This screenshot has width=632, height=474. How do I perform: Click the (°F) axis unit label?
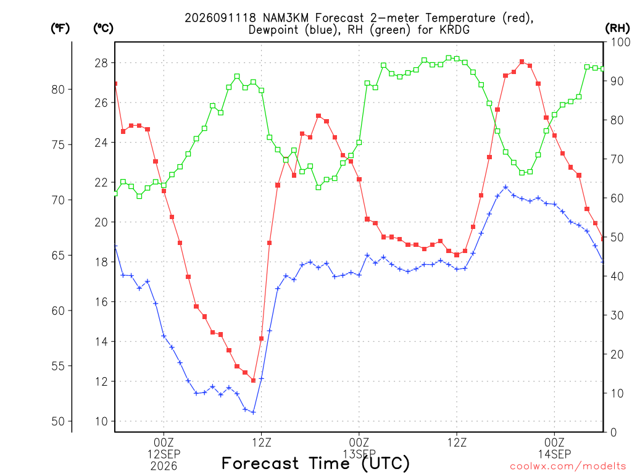[60, 28]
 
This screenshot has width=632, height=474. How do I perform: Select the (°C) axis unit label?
[103, 28]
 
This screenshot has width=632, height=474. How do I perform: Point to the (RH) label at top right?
[617, 28]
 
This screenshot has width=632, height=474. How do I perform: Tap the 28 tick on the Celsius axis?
[102, 63]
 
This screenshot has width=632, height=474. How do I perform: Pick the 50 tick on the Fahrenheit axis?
[58, 421]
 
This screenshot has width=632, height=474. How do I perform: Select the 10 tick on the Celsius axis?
[102, 421]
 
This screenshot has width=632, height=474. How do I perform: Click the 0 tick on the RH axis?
[613, 432]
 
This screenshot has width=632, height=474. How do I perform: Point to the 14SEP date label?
[555, 454]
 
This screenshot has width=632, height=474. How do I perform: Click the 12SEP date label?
[164, 454]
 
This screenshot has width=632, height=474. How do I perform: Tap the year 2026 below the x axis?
[164, 467]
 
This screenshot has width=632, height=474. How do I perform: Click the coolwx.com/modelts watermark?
[568, 467]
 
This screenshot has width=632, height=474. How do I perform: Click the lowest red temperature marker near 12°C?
[253, 380]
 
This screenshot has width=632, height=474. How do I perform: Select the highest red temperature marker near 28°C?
[522, 62]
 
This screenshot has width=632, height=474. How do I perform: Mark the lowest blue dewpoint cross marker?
[253, 412]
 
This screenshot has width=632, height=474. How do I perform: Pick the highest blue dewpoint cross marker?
[505, 187]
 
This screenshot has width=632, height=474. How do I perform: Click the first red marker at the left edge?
[115, 84]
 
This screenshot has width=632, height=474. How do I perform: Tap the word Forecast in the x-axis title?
[260, 464]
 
